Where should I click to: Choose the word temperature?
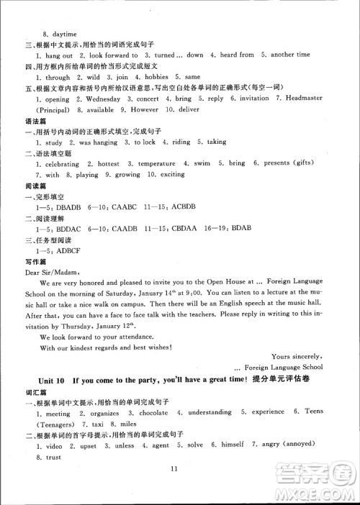(156, 164)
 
